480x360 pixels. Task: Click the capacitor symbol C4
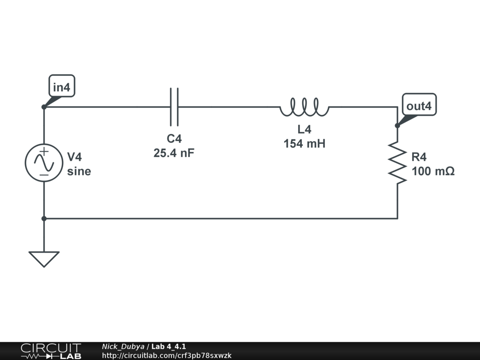pyautogui.click(x=174, y=107)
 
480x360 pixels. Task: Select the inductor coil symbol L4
pyautogui.click(x=304, y=107)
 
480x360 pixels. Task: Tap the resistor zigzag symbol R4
pyautogui.click(x=397, y=163)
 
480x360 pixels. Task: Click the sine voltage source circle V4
pyautogui.click(x=44, y=163)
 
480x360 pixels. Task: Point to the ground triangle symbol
pyautogui.click(x=44, y=258)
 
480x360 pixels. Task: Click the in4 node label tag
pyautogui.click(x=61, y=87)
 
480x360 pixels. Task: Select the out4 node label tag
pyautogui.click(x=419, y=106)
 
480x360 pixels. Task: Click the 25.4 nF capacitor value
pyautogui.click(x=174, y=153)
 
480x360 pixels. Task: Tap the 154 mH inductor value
pyautogui.click(x=304, y=144)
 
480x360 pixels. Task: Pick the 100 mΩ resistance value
pyautogui.click(x=433, y=172)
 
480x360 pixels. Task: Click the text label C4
pyautogui.click(x=174, y=139)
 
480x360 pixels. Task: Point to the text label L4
pyautogui.click(x=304, y=130)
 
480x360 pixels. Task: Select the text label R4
pyautogui.click(x=420, y=157)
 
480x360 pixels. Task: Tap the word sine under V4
pyautogui.click(x=79, y=172)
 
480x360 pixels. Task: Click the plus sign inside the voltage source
pyautogui.click(x=44, y=151)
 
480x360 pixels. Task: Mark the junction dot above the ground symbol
pyautogui.click(x=44, y=218)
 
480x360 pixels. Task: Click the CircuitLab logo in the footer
pyautogui.click(x=50, y=351)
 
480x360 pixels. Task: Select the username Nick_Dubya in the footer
pyautogui.click(x=123, y=346)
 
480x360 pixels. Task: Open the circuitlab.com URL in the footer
pyautogui.click(x=166, y=356)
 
